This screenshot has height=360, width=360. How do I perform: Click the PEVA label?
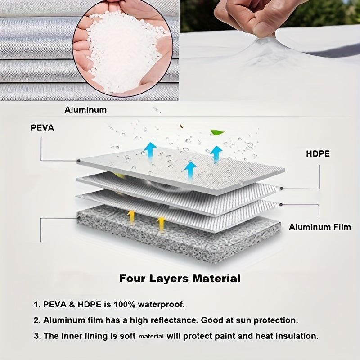click(42, 128)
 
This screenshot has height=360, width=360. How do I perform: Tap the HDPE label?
click(318, 153)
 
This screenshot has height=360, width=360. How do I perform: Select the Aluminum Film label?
click(320, 227)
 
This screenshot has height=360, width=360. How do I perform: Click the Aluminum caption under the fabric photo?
click(85, 110)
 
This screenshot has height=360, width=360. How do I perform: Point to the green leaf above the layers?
click(216, 132)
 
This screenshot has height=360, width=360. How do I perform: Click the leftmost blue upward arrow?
click(150, 151)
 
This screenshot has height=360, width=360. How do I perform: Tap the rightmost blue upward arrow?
click(216, 154)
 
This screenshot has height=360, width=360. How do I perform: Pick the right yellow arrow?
click(161, 224)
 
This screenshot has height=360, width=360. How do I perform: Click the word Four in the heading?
click(132, 278)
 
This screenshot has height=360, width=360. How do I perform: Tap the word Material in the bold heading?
click(216, 278)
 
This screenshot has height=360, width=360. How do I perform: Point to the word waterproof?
click(161, 305)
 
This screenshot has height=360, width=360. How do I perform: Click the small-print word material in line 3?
click(151, 336)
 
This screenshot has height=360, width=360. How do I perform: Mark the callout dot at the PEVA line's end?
click(78, 161)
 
